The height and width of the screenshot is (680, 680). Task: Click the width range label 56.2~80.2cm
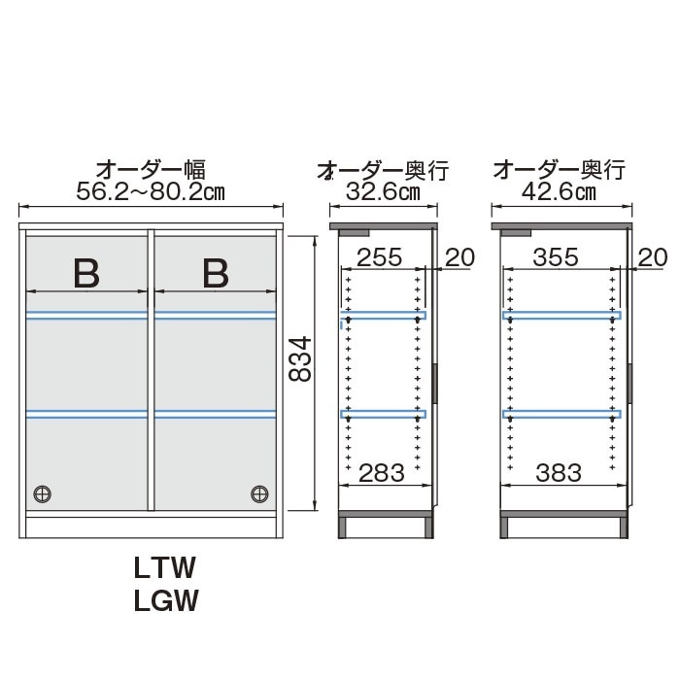[x=151, y=190]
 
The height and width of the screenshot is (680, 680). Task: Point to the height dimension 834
[x=300, y=359]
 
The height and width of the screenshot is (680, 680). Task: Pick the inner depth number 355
[x=558, y=257]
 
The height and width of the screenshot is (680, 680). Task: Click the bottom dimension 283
[x=382, y=473]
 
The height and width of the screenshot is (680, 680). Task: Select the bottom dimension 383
[x=558, y=473]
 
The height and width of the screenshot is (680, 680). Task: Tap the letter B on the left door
[x=87, y=273]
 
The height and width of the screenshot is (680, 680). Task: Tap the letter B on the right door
[x=215, y=273]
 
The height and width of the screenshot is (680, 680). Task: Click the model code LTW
[x=165, y=565]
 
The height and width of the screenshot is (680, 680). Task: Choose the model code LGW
[x=165, y=601]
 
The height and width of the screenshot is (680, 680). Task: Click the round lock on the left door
[x=42, y=493]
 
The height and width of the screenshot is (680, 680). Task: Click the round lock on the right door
[x=259, y=493]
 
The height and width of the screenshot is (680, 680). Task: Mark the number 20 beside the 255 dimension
[x=460, y=257]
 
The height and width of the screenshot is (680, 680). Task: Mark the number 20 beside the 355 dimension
[x=654, y=257]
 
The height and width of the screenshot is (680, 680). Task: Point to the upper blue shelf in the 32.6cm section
[x=383, y=316]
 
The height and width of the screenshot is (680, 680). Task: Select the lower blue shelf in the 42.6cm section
[x=560, y=414]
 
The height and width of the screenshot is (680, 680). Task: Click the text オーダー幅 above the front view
[x=151, y=170]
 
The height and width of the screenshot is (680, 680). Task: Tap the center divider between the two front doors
[x=151, y=369]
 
